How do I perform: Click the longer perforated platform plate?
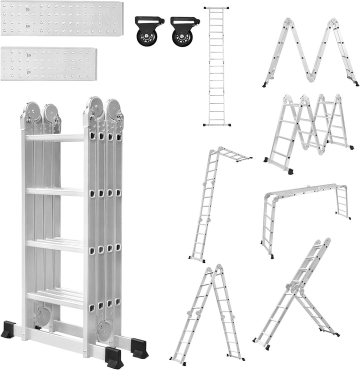click(61, 18)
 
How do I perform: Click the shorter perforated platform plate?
click(48, 63)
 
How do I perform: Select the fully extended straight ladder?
click(217, 66)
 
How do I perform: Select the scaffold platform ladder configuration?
click(304, 215)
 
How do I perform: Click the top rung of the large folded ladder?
click(54, 137)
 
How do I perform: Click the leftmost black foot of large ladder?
click(8, 330)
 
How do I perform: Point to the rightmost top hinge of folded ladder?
click(114, 109)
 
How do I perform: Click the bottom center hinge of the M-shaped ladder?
click(311, 77)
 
